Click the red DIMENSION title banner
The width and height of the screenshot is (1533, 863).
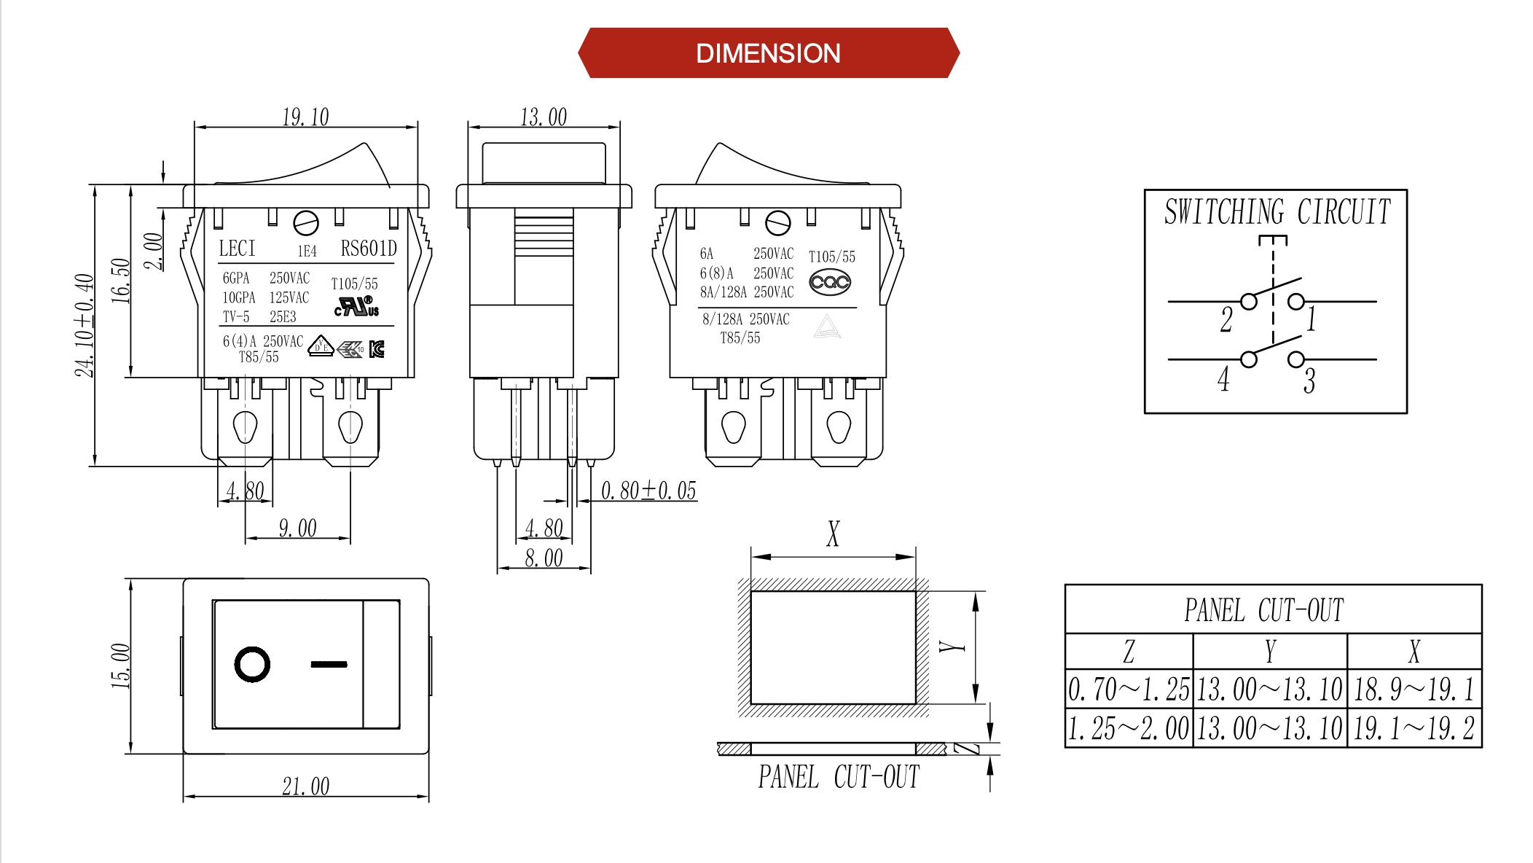pyautogui.click(x=768, y=53)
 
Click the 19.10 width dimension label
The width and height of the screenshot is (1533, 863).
pyautogui.click(x=305, y=117)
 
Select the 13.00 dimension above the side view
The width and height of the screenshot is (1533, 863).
pyautogui.click(x=544, y=117)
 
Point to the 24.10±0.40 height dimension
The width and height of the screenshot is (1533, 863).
pyautogui.click(x=85, y=325)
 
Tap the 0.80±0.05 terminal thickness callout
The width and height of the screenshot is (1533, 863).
pyautogui.click(x=648, y=491)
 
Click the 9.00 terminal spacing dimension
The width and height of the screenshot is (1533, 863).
pyautogui.click(x=297, y=528)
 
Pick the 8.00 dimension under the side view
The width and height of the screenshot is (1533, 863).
pyautogui.click(x=544, y=558)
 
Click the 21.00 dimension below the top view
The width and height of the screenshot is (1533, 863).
pyautogui.click(x=305, y=786)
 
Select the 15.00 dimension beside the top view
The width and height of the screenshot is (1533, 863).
pyautogui.click(x=120, y=665)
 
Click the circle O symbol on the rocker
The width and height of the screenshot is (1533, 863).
pyautogui.click(x=252, y=664)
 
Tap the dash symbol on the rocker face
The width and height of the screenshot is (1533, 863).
pyautogui.click(x=329, y=664)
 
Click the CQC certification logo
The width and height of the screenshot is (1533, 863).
pyautogui.click(x=830, y=282)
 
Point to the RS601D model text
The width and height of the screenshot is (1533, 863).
pyautogui.click(x=369, y=249)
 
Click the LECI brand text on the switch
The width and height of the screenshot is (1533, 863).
pyautogui.click(x=238, y=249)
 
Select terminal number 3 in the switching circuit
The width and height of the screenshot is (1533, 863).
pyautogui.click(x=1309, y=380)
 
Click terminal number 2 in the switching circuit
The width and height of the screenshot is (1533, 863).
pyautogui.click(x=1226, y=319)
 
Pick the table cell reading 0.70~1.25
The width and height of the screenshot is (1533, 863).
pyautogui.click(x=1129, y=689)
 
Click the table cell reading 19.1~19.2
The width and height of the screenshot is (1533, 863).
pyautogui.click(x=1414, y=728)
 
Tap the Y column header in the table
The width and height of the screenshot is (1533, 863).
pyautogui.click(x=1270, y=651)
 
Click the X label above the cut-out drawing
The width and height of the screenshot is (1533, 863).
pyautogui.click(x=833, y=534)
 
